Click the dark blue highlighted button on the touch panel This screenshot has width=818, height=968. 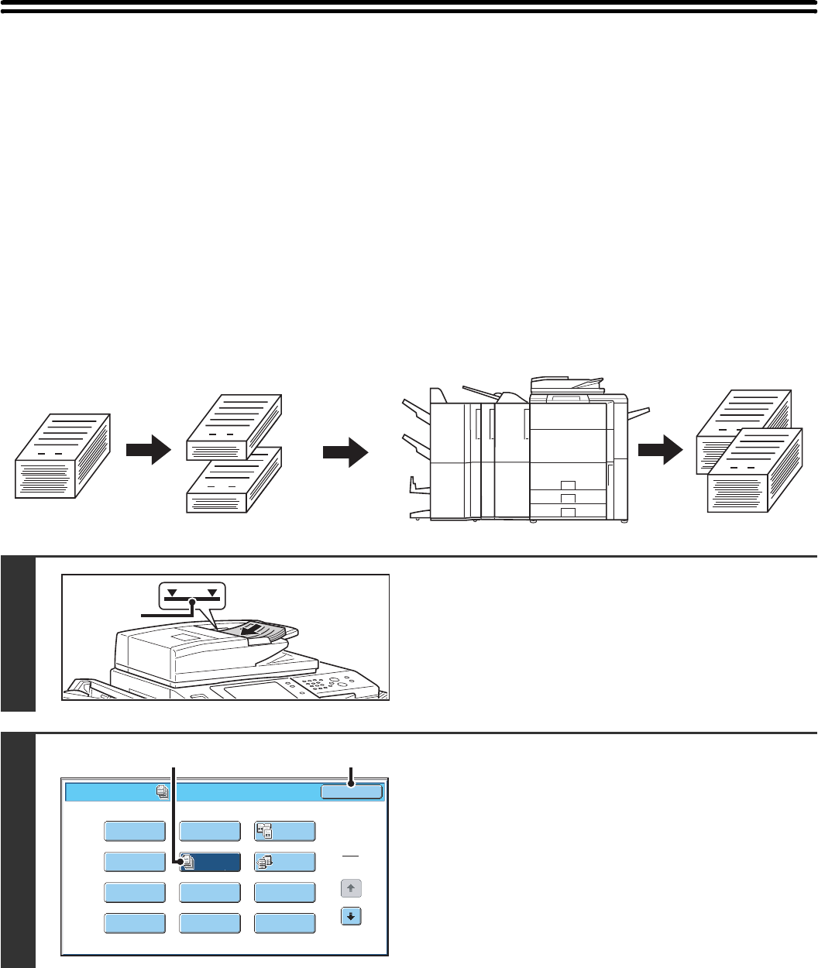209,863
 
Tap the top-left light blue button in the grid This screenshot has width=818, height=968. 134,831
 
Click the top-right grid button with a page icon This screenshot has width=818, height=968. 284,831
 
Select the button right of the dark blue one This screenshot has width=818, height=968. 284,863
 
